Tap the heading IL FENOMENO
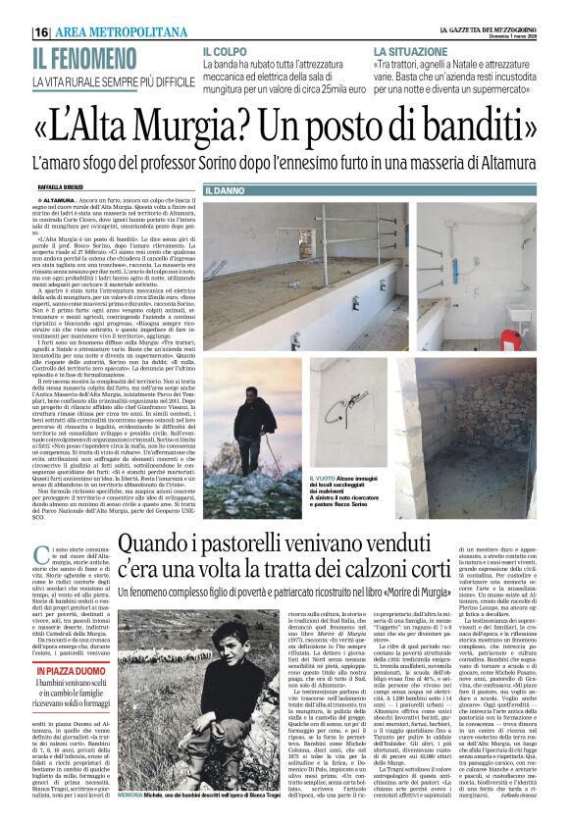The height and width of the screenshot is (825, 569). pyautogui.click(x=79, y=58)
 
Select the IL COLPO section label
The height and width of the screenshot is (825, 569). pyautogui.click(x=226, y=50)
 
